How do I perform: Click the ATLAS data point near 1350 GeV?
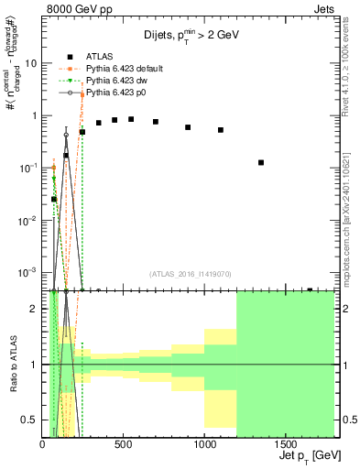pos(261,162)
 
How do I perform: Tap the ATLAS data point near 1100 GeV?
pos(221,130)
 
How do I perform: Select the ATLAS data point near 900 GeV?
pos(188,127)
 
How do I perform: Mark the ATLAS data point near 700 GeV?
pos(156,122)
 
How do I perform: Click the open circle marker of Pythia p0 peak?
pos(66,135)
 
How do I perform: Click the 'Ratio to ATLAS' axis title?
pos(12,364)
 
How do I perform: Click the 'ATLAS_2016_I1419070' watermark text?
pos(191,273)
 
